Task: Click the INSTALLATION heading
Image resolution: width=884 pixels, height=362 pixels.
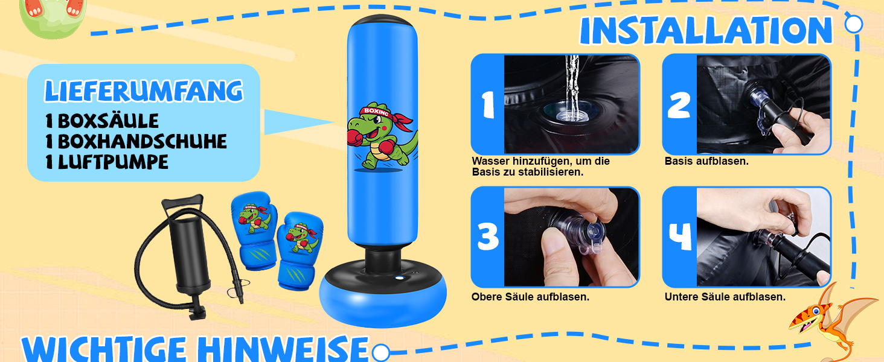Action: tap(706, 30)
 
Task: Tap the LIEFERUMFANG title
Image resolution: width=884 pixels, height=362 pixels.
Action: tap(144, 91)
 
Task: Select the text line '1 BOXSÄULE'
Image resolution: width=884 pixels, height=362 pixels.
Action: tap(102, 121)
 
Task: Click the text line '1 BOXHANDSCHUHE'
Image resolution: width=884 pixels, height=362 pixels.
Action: tap(136, 142)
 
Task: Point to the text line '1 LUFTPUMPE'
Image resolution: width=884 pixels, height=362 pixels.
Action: tap(107, 162)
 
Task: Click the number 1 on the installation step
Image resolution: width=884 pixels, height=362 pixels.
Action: tap(488, 104)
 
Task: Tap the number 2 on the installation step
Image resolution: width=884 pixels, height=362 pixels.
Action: tap(679, 106)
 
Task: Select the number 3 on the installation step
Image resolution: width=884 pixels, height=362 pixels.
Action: tap(488, 237)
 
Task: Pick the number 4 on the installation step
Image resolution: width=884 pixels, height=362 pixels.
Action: tap(680, 237)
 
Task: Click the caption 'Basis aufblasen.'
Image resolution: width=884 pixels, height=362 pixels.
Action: tap(706, 161)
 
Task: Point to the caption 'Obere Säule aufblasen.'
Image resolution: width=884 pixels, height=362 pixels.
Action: tap(530, 297)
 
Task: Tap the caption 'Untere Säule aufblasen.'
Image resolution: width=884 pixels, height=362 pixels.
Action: tap(725, 297)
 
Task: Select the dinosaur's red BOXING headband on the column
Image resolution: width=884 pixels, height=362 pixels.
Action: tap(385, 116)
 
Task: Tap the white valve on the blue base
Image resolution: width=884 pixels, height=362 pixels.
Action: tap(400, 278)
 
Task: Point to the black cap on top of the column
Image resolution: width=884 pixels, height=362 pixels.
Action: tap(382, 21)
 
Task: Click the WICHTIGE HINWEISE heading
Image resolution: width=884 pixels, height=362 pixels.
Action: tap(195, 349)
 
